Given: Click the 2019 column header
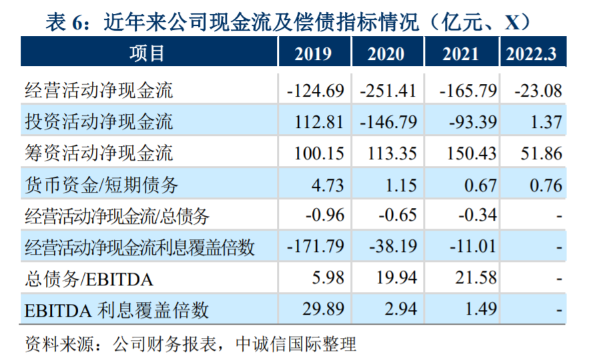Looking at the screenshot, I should (313, 53).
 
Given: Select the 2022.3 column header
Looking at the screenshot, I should (532, 53).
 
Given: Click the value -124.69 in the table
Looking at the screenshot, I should (315, 90).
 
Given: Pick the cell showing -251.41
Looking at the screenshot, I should (388, 90).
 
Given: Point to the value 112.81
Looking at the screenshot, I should (319, 121).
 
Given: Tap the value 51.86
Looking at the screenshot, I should (540, 153).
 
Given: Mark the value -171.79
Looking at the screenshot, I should (315, 247).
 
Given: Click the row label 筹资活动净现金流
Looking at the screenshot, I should (98, 153).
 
